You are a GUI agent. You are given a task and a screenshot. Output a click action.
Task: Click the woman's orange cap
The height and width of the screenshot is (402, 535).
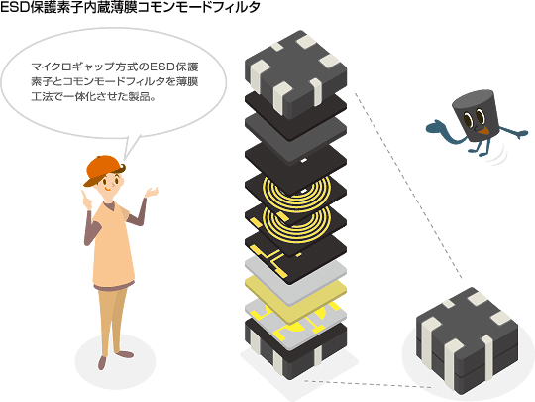tap(102, 169)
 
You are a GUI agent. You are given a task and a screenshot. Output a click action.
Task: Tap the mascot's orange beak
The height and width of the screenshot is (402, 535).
tap(484, 130)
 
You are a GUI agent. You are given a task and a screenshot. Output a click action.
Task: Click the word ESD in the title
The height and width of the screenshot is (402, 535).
tap(15, 8)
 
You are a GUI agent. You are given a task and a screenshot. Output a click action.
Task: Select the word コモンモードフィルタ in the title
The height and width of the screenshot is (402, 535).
tap(198, 8)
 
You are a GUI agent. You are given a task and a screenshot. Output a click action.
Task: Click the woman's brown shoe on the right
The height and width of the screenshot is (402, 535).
tap(126, 354)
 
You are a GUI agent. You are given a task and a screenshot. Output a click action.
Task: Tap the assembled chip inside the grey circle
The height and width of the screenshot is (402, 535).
tap(467, 338)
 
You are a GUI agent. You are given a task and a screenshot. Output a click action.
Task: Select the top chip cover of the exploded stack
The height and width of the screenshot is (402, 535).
tap(295, 74)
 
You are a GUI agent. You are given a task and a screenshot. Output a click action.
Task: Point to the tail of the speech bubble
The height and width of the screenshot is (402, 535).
tap(131, 148)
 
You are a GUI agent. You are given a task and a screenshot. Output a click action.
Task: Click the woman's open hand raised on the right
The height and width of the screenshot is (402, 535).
tap(151, 193)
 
